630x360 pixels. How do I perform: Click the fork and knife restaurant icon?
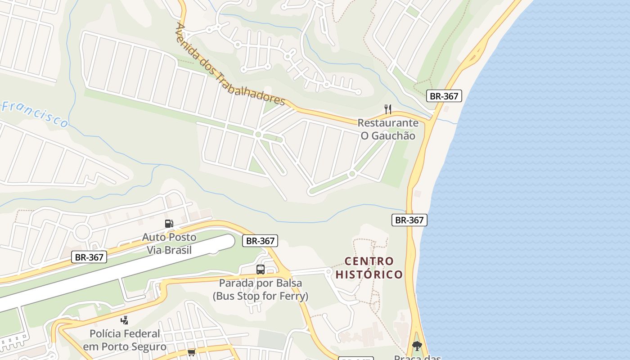coord(388,109)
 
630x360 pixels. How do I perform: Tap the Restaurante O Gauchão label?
coord(388,129)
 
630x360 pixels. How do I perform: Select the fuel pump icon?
coord(169,223)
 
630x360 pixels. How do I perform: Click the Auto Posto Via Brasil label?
coord(169,243)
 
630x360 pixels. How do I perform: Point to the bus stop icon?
coord(261,270)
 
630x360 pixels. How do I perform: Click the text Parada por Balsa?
coord(261,283)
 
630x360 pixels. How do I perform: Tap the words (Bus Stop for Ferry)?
coord(261,296)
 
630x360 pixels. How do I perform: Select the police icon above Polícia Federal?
coord(125,320)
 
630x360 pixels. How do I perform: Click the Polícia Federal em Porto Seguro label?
coord(125,340)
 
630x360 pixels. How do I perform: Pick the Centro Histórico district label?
coord(369,268)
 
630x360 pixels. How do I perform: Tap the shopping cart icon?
coord(192,352)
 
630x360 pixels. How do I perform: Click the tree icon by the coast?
coord(417,346)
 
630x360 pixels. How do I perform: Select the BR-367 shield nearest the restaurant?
coord(444,96)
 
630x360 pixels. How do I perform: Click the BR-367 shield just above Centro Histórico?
coord(409,220)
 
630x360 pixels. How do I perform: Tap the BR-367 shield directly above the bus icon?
coord(260,241)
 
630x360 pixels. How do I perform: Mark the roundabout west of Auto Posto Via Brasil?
coord(82,232)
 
